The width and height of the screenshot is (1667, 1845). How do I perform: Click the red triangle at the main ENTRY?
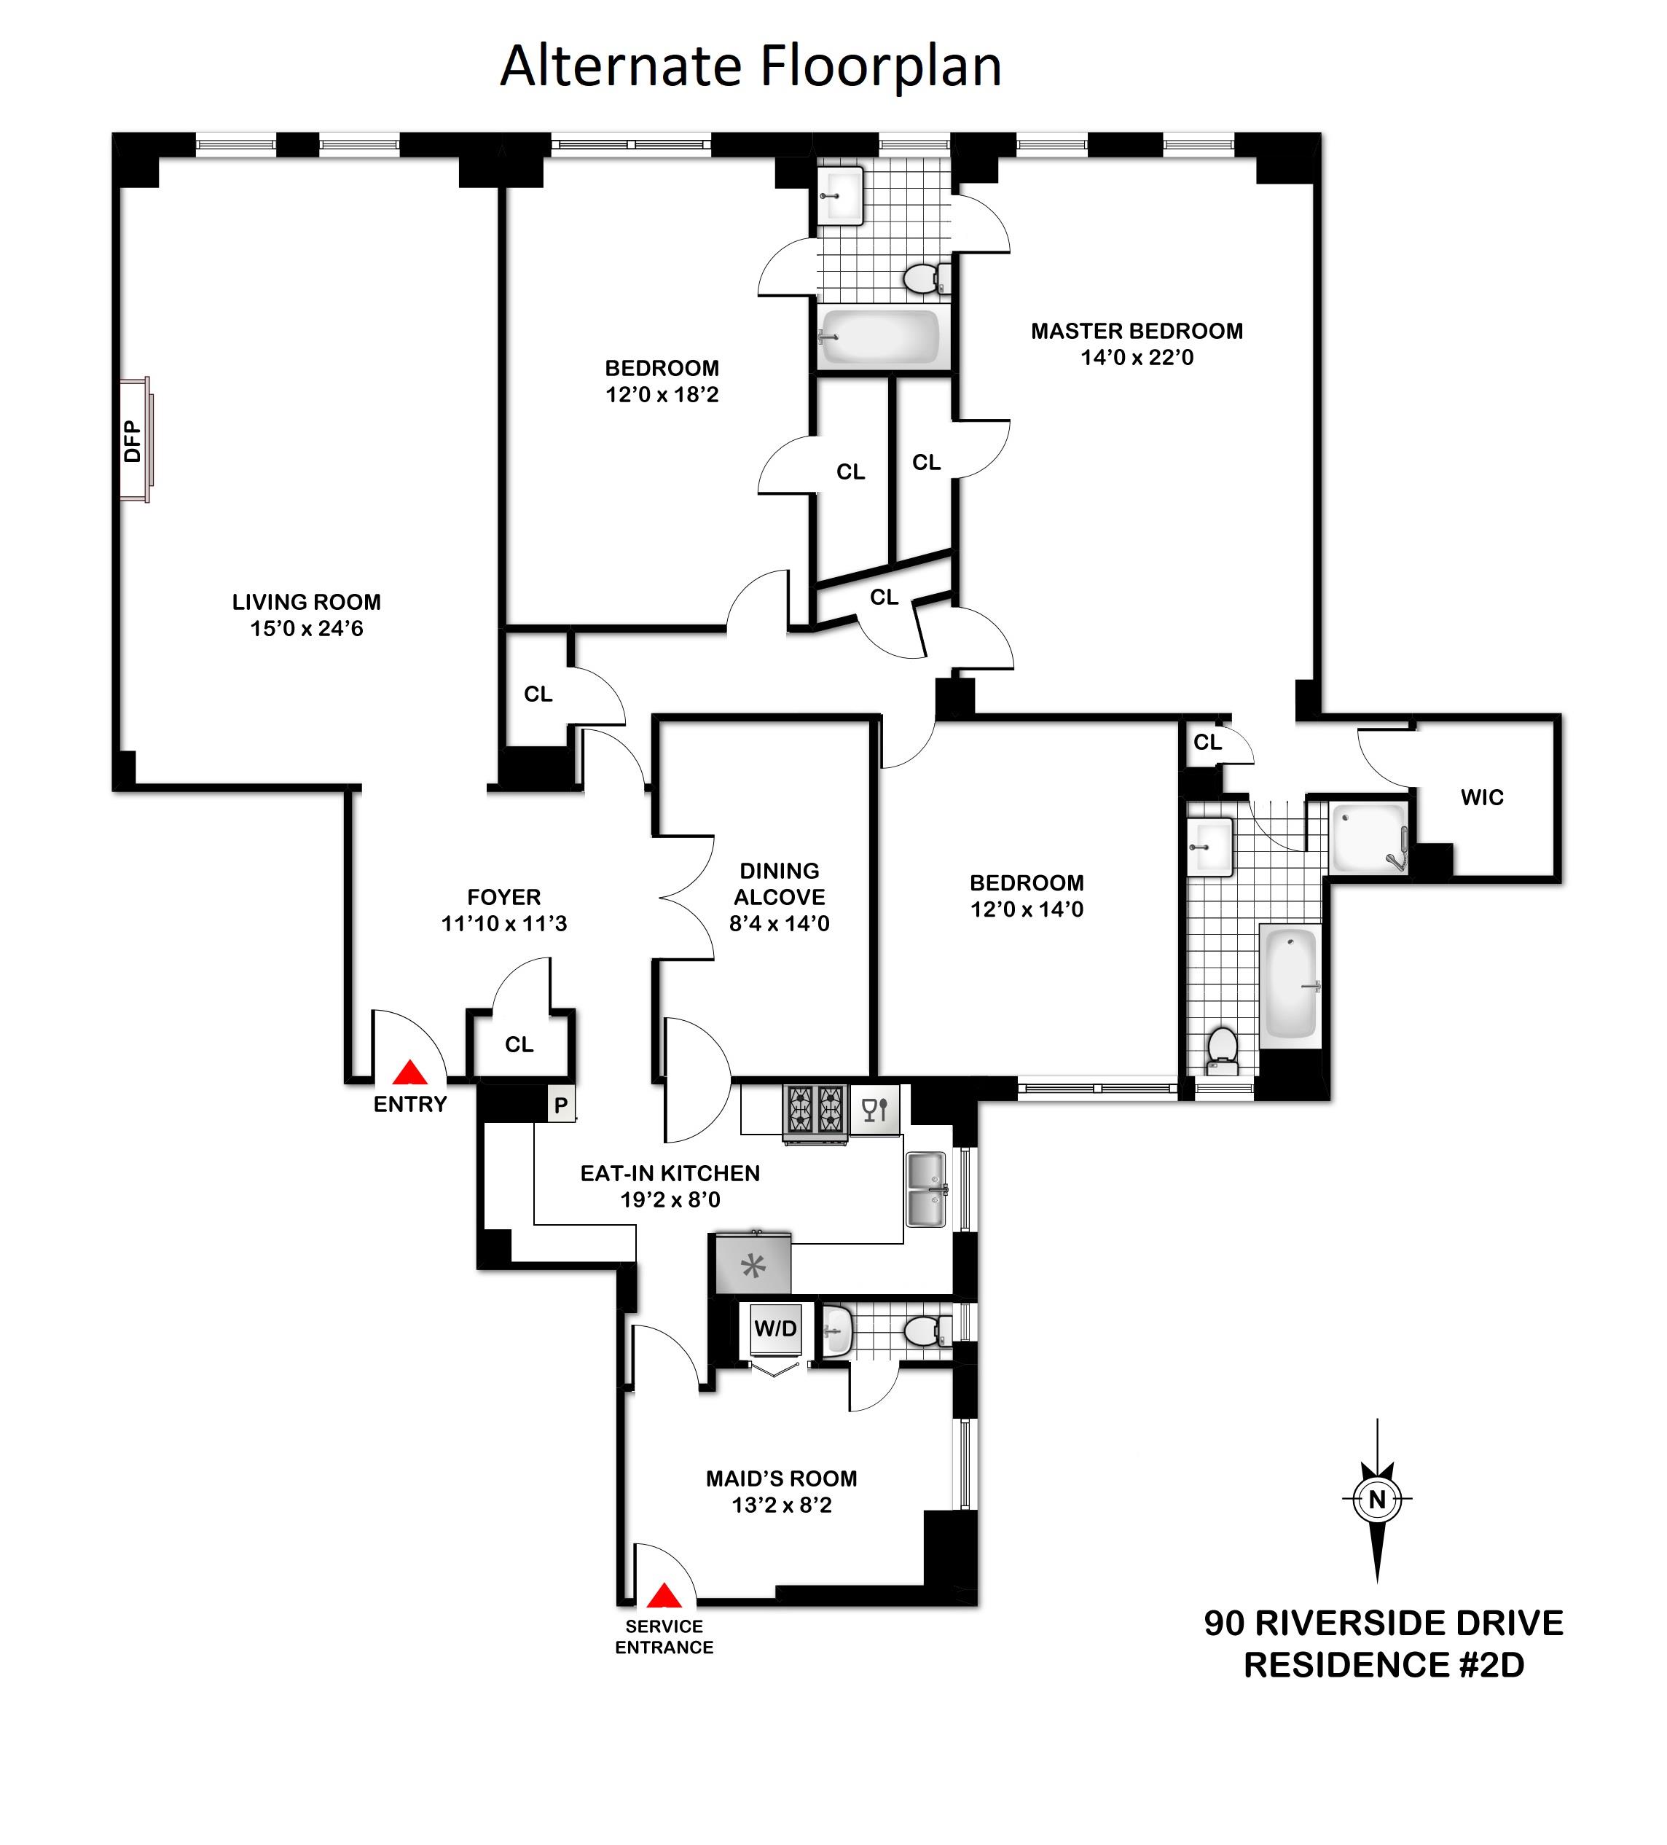pyautogui.click(x=411, y=1073)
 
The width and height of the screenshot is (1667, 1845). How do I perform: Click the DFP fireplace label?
pyautogui.click(x=133, y=440)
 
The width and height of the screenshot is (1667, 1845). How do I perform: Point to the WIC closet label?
pyautogui.click(x=1481, y=797)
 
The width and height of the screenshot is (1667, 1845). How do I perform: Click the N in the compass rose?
pyautogui.click(x=1377, y=1500)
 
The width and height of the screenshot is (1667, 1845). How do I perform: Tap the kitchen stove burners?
pyautogui.click(x=815, y=1110)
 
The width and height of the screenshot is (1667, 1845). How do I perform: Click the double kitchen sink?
pyautogui.click(x=926, y=1188)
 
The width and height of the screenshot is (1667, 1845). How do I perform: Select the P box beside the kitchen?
pyautogui.click(x=561, y=1105)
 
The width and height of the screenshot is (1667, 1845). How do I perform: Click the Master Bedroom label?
pyautogui.click(x=1137, y=332)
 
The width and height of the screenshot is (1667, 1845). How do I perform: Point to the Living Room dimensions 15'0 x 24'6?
pyautogui.click(x=307, y=629)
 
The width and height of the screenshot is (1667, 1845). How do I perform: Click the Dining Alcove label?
pyautogui.click(x=780, y=884)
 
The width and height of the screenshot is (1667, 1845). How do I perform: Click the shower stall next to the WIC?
pyautogui.click(x=1368, y=837)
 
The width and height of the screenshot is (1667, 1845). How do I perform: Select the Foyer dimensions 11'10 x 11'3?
pyautogui.click(x=504, y=923)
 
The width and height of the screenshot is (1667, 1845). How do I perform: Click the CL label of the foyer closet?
pyautogui.click(x=519, y=1044)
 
